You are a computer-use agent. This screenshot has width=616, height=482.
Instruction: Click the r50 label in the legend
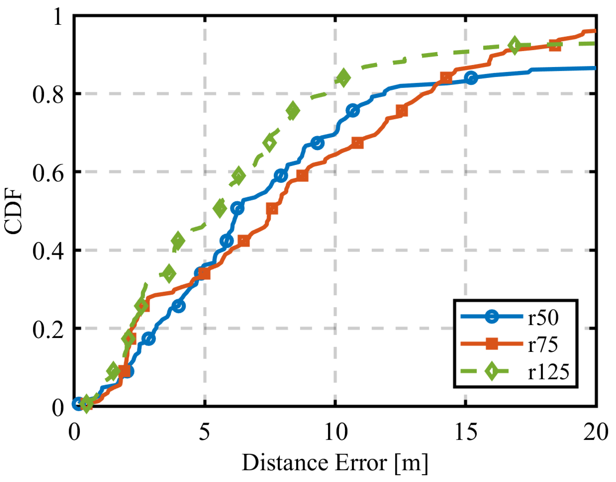pyautogui.click(x=543, y=318)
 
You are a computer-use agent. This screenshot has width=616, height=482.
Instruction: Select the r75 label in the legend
pyautogui.click(x=543, y=345)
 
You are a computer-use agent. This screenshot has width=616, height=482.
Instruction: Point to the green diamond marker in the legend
pyautogui.click(x=491, y=371)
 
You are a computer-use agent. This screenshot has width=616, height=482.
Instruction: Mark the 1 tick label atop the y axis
pyautogui.click(x=58, y=16)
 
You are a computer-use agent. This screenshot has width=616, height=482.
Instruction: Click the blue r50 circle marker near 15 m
pyautogui.click(x=471, y=78)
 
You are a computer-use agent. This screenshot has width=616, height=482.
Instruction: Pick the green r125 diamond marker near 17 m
pyautogui.click(x=514, y=45)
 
